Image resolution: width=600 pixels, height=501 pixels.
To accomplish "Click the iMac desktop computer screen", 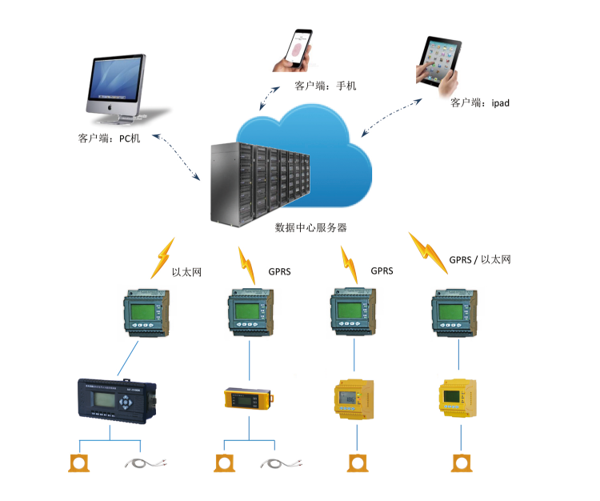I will [x=117, y=82].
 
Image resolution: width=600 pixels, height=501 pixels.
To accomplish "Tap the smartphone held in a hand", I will [x=298, y=50].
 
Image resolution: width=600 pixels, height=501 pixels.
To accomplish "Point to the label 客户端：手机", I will [x=325, y=86].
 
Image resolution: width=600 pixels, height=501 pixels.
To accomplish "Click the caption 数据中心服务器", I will [x=311, y=227].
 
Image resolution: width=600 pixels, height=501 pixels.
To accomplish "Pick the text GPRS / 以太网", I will [x=479, y=259].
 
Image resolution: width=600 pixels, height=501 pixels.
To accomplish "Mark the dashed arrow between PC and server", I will [x=178, y=157].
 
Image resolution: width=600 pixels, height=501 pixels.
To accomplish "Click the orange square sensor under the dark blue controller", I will [x=78, y=463].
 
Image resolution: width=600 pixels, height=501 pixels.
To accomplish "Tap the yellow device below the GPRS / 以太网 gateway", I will [x=458, y=397].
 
